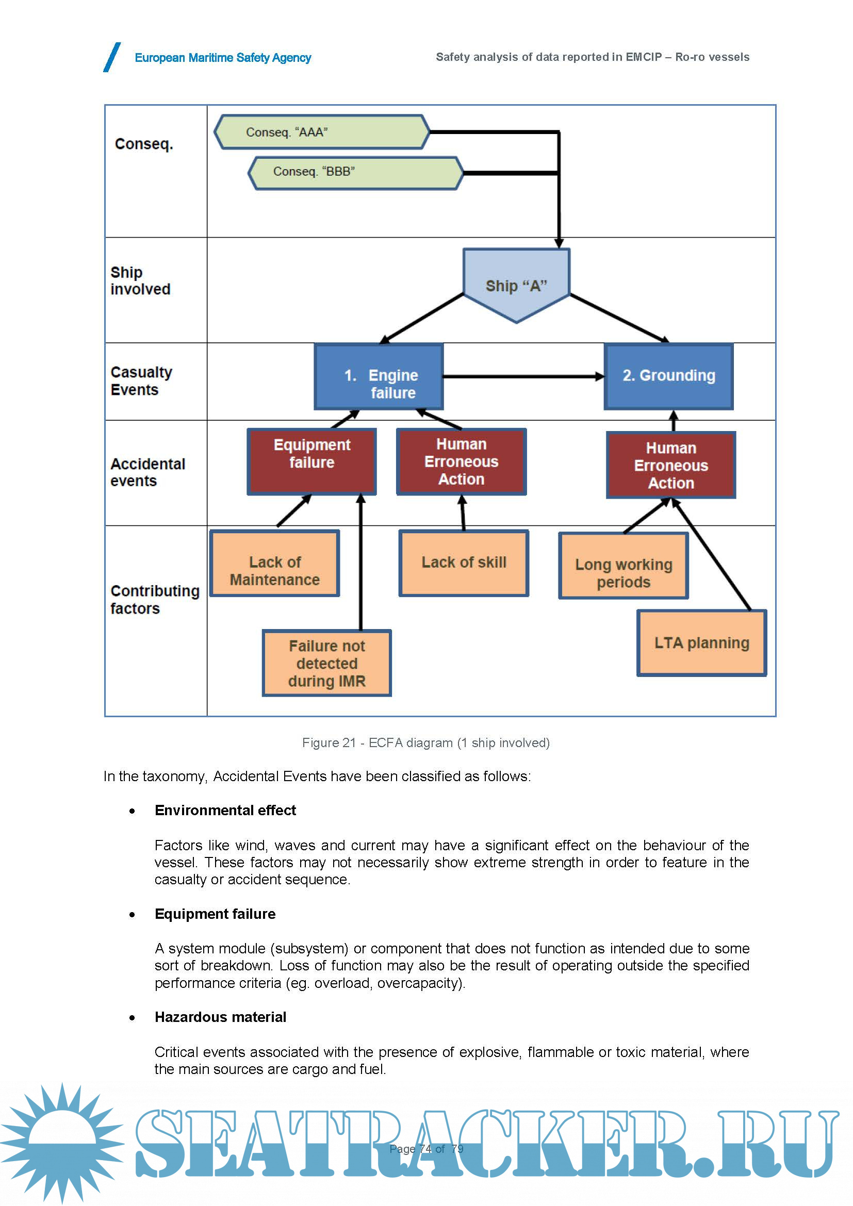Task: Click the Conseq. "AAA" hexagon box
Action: pyautogui.click(x=321, y=132)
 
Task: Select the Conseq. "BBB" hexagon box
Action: pyautogui.click(x=356, y=172)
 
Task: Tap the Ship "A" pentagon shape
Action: pyautogui.click(x=516, y=284)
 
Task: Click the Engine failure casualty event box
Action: pyautogui.click(x=379, y=376)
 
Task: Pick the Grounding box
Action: pyautogui.click(x=669, y=376)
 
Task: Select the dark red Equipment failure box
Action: pyautogui.click(x=311, y=461)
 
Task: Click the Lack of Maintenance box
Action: pyautogui.click(x=275, y=563)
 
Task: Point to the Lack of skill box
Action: pyautogui.click(x=463, y=563)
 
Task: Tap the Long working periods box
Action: pyautogui.click(x=624, y=566)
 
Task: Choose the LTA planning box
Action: pyautogui.click(x=701, y=643)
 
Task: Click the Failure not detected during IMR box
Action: pyautogui.click(x=326, y=663)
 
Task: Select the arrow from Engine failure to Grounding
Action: pyautogui.click(x=523, y=376)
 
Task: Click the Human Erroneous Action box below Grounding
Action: pyautogui.click(x=671, y=465)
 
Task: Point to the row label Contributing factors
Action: pyautogui.click(x=154, y=599)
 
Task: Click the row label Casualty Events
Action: pyautogui.click(x=141, y=381)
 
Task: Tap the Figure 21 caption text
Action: pyautogui.click(x=425, y=742)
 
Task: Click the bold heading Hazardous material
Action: pyautogui.click(x=220, y=1017)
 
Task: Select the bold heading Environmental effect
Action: pyautogui.click(x=225, y=811)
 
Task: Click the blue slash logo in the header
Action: pyautogui.click(x=112, y=57)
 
